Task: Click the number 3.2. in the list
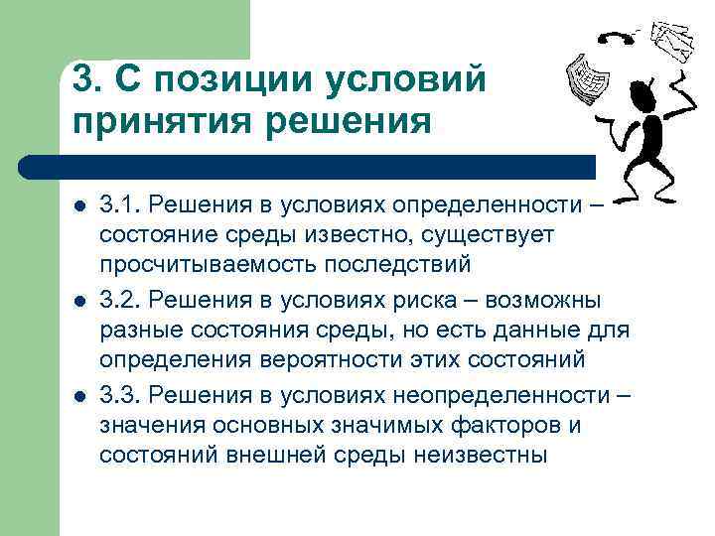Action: pyautogui.click(x=119, y=300)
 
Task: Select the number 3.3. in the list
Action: pyautogui.click(x=119, y=395)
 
